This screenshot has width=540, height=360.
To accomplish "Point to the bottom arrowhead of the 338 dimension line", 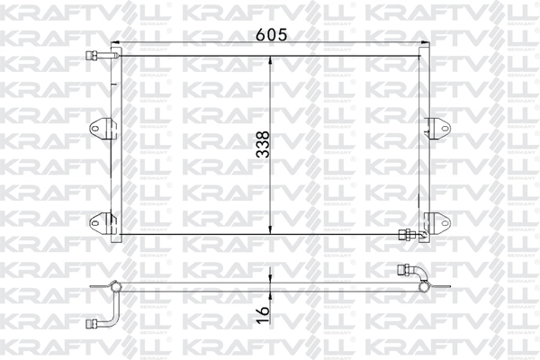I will coord(273,230).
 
